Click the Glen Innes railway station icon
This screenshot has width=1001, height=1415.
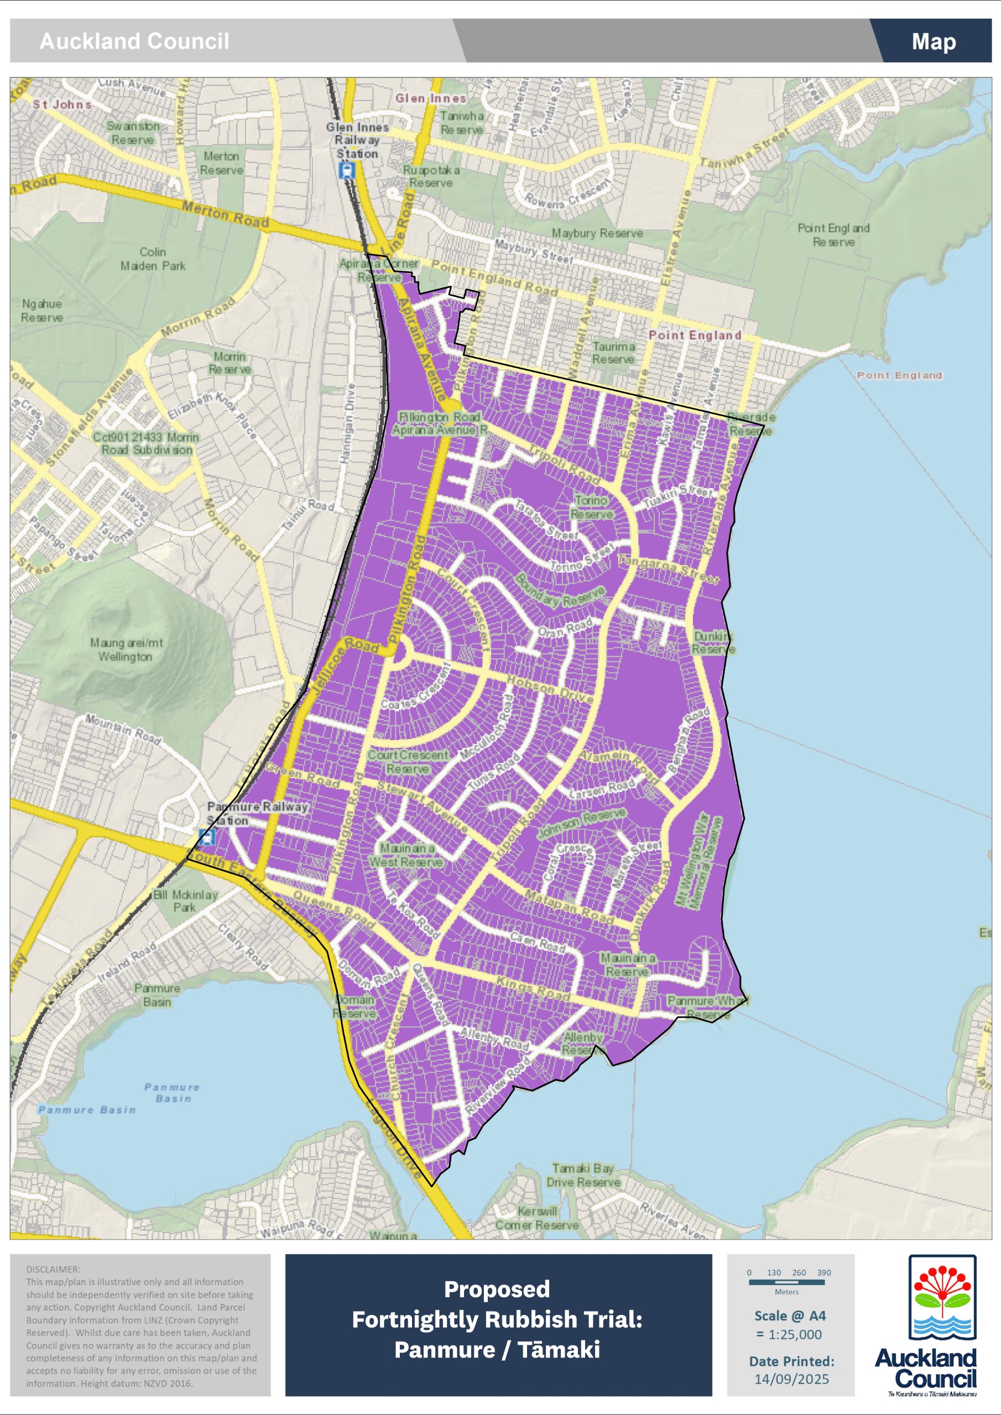347,170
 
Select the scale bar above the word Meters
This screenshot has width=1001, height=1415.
786,1282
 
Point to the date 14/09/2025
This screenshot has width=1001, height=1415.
791,1379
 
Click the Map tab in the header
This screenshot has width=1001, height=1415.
933,41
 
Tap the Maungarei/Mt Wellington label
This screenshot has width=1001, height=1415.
126,649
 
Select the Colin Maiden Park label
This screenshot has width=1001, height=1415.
152,259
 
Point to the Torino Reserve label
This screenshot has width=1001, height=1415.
591,507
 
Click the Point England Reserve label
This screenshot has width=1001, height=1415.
833,235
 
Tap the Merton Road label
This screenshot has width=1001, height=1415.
225,214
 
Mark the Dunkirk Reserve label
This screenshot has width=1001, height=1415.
713,642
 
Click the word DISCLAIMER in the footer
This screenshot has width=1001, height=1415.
53,1269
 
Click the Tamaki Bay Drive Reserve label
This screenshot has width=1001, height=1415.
583,1175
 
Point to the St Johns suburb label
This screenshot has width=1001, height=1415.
62,104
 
